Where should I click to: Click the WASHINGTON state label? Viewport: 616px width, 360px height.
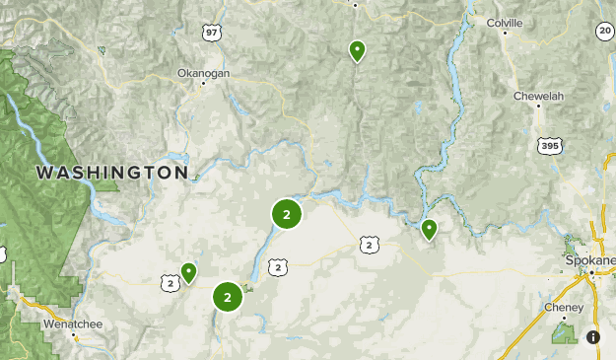pos(111,173)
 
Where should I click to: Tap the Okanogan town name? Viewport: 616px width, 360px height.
pos(203,72)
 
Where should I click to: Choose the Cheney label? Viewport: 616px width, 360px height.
pos(564,307)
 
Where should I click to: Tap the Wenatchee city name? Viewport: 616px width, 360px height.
pos(72,323)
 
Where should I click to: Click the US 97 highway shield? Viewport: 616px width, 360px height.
pos(212,33)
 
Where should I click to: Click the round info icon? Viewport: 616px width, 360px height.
pos(593,337)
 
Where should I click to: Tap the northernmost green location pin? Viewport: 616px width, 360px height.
pos(357,49)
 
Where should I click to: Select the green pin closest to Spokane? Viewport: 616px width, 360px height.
pos(429,229)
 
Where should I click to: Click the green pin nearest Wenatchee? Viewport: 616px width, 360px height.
pos(187,271)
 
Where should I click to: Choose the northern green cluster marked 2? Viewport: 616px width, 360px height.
pos(286,213)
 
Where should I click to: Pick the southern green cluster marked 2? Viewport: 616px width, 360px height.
pos(228,296)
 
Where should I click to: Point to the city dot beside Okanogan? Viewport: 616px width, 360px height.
pos(203,83)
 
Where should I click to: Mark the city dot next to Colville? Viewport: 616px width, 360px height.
pos(505,33)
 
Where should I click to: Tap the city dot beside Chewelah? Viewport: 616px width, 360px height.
pos(538,108)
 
